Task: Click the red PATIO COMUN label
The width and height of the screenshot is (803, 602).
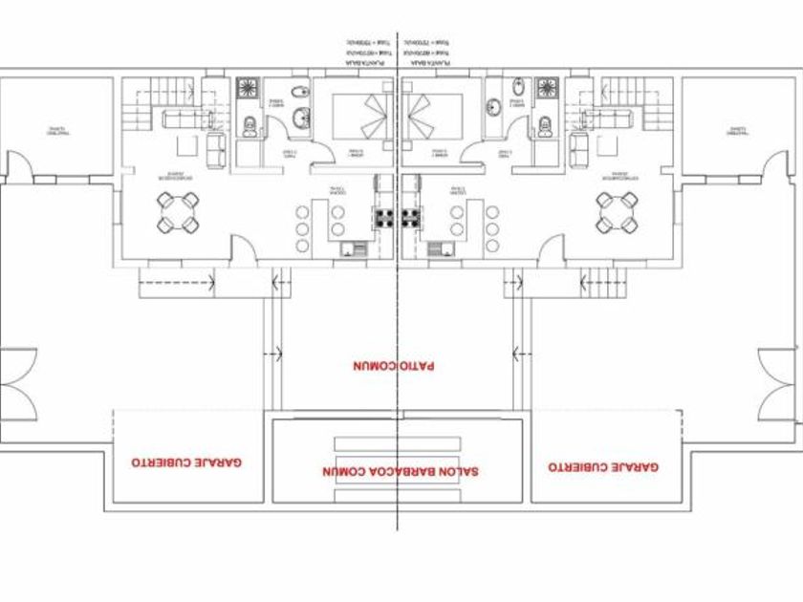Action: (x=394, y=366)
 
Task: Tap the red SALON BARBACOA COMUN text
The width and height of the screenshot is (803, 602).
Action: (x=400, y=471)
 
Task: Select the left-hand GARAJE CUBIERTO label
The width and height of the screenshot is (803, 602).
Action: (x=186, y=462)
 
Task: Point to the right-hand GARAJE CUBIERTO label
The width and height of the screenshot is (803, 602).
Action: (x=603, y=467)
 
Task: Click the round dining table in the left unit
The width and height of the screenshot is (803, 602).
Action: (x=179, y=213)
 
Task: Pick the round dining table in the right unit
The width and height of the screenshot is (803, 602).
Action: (x=617, y=213)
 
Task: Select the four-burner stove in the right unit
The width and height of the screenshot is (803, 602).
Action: (x=412, y=218)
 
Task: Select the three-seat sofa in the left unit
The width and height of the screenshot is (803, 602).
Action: (x=187, y=119)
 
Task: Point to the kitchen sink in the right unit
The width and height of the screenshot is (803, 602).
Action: (x=442, y=250)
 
